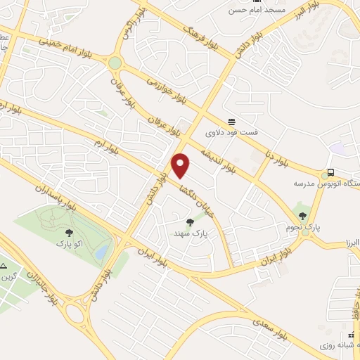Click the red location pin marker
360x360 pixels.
point(181,165)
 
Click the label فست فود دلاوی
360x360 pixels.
point(231,131)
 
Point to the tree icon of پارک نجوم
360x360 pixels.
point(302,216)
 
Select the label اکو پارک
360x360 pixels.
point(69,243)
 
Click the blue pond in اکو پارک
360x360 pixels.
point(103,250)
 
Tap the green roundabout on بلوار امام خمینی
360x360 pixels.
point(115,63)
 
